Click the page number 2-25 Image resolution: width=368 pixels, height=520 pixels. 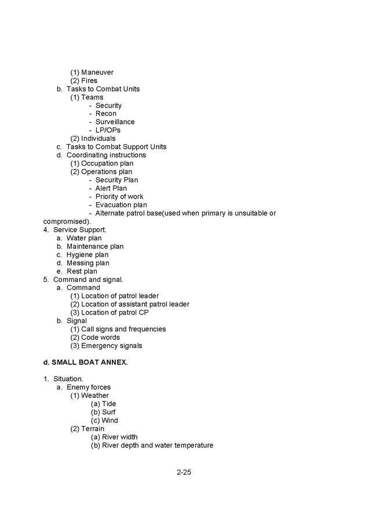point(184,473)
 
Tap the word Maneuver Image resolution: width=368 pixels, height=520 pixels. point(97,72)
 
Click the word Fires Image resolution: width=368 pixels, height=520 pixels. point(89,80)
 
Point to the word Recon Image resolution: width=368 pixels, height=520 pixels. point(105,113)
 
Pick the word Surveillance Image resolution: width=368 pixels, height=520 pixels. point(115,122)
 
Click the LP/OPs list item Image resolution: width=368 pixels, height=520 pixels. point(108,130)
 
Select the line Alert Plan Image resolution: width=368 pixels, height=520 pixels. point(111,188)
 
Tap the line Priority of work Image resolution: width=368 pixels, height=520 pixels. point(119,196)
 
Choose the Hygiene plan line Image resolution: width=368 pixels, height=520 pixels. point(87,255)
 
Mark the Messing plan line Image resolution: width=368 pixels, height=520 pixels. point(88,263)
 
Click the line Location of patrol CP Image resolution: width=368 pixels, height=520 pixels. point(115,313)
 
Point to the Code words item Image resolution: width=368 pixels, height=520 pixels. point(100,338)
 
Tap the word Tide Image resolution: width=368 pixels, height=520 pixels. point(109,404)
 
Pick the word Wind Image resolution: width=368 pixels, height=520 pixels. point(110,420)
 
